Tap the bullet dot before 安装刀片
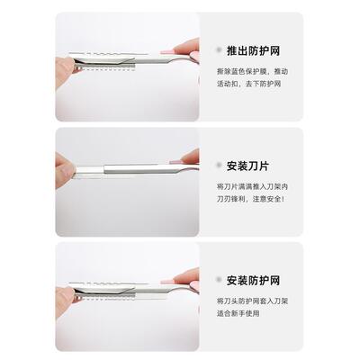click(x=219, y=166)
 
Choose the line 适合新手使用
click(x=240, y=313)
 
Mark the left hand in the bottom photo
click(x=65, y=288)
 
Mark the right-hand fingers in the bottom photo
click(x=187, y=277)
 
